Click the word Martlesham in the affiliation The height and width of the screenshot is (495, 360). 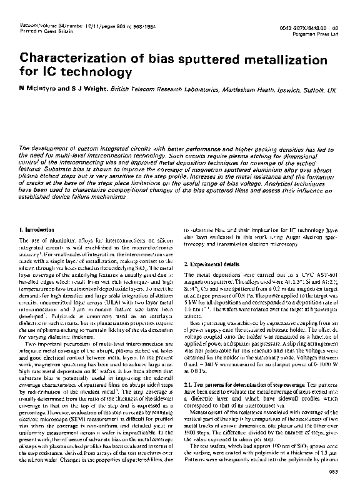pos(209,91)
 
